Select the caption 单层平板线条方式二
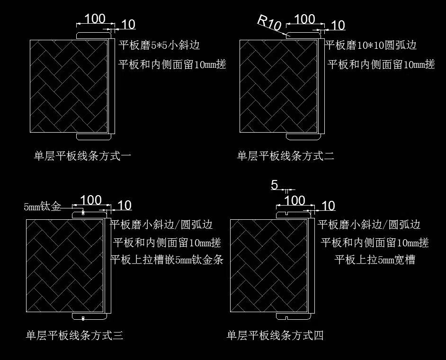[285, 155]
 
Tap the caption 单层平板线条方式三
[75, 335]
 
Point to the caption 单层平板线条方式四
[275, 335]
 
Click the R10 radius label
[269, 22]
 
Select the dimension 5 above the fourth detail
[275, 185]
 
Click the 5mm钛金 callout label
[43, 207]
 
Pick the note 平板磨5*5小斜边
[159, 45]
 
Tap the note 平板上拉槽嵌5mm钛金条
[167, 260]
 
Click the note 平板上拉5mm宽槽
[375, 260]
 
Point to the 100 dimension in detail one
[94, 19]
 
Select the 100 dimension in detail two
[304, 19]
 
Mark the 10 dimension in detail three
[124, 206]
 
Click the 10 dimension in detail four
[328, 206]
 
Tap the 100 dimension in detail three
[90, 200]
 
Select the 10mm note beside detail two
[381, 64]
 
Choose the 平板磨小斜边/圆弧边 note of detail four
[369, 225]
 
